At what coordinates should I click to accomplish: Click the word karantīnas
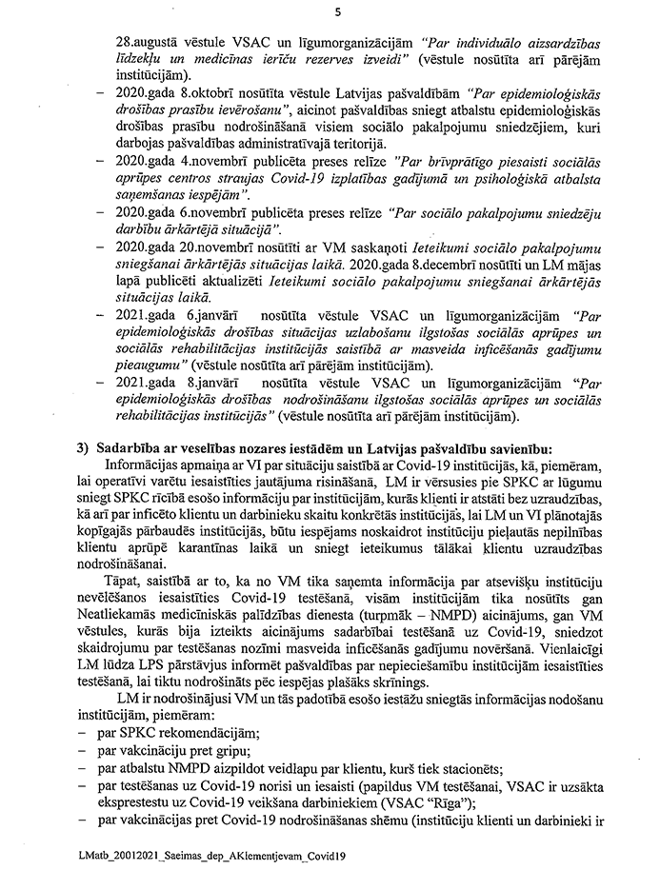(x=240, y=545)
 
